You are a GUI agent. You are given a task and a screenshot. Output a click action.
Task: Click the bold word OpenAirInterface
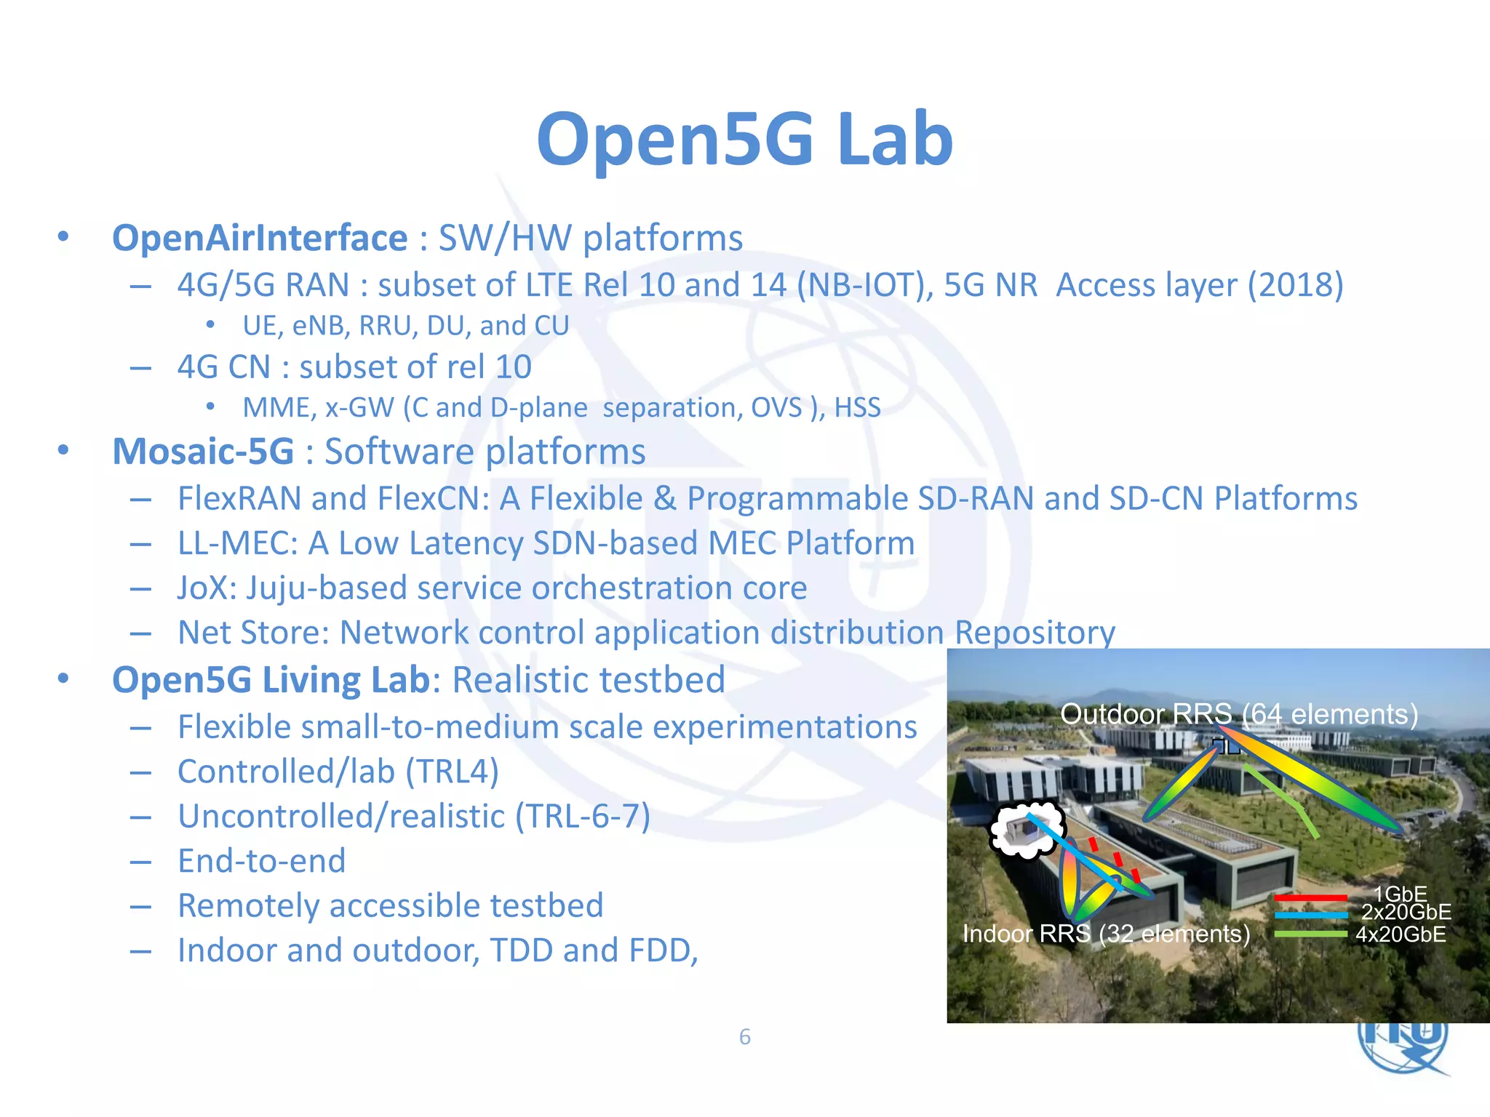260,238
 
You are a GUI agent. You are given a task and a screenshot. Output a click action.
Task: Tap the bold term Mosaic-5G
203,452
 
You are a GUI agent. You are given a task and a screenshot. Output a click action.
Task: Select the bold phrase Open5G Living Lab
271,680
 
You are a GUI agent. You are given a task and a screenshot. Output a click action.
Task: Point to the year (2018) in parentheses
1295,284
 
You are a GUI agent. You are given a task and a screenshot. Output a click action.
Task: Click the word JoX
203,588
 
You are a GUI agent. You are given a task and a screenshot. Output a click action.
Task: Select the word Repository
1034,632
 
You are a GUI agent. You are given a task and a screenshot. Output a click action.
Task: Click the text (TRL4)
452,772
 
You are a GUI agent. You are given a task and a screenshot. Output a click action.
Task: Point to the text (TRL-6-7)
583,816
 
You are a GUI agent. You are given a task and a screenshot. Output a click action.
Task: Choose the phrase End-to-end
262,861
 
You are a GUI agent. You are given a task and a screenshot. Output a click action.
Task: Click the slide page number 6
744,1036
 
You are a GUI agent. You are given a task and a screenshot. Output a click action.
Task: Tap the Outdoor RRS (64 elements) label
1239,714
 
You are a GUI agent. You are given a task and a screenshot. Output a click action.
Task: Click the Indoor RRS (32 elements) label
1106,933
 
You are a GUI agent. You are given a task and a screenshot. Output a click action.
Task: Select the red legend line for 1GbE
1310,898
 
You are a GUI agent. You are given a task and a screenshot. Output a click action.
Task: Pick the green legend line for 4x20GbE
1310,934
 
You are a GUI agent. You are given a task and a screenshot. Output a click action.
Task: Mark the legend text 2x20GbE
1406,912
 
